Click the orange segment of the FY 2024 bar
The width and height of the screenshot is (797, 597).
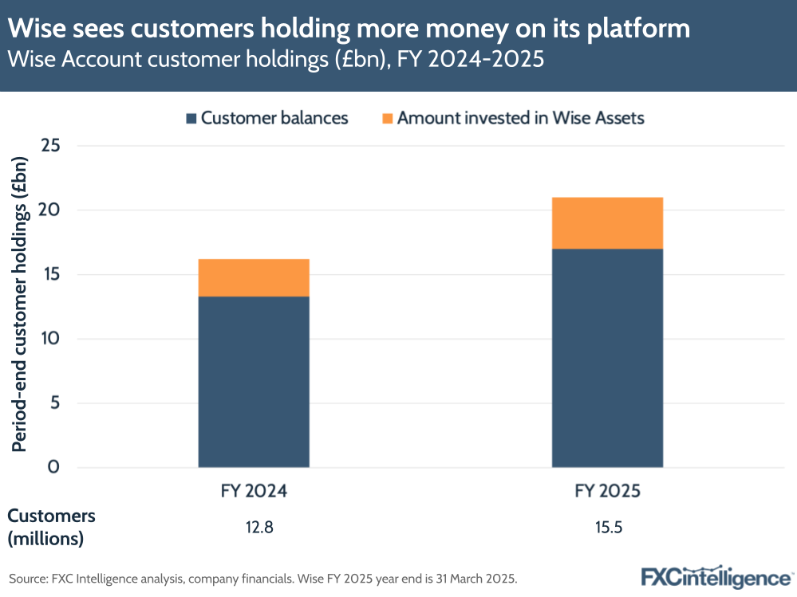coord(254,277)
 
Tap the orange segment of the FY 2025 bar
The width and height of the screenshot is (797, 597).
coord(607,223)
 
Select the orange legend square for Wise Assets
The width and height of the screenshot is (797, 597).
coord(387,119)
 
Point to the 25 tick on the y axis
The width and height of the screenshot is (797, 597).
coord(51,146)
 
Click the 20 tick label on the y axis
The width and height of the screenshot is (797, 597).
coord(51,210)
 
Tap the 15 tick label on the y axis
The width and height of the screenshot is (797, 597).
coord(51,275)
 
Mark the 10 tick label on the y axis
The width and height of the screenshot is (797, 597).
coord(51,339)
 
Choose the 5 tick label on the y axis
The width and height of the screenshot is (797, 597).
coord(54,403)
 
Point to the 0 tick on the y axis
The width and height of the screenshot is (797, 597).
coord(54,467)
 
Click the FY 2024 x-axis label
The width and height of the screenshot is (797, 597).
coord(254,492)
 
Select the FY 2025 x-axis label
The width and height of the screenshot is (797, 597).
coord(607,492)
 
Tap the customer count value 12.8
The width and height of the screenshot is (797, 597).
coord(254,528)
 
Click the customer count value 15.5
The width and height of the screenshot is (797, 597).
coord(607,528)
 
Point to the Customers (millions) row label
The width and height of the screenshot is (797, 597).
coord(51,527)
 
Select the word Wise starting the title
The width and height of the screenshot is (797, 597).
coord(38,29)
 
